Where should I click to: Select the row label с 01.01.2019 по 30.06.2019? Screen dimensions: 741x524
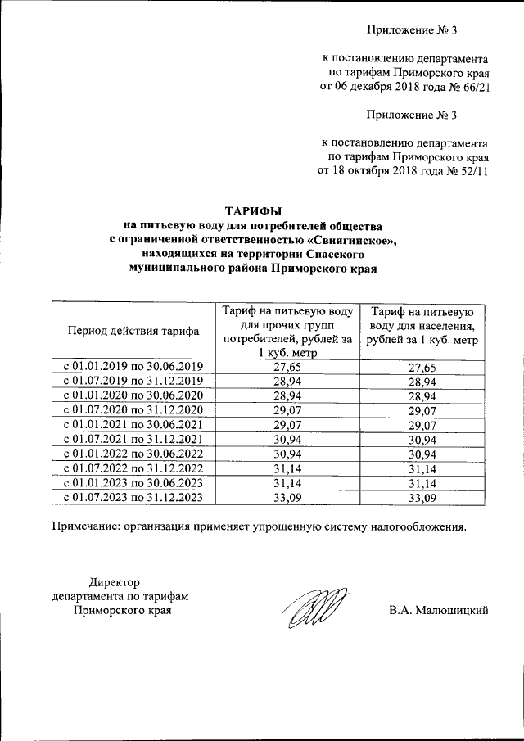click(133, 367)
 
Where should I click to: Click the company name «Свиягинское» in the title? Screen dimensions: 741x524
click(351, 239)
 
